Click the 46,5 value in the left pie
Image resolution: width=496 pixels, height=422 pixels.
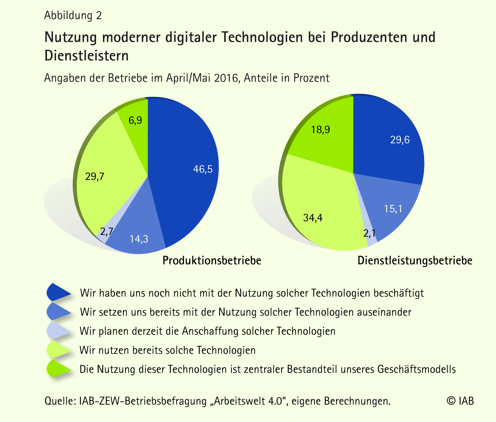[203, 169]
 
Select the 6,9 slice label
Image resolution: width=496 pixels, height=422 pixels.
[135, 120]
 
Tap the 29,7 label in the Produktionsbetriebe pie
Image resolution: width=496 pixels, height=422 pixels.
[94, 177]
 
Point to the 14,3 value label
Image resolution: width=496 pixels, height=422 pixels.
[139, 239]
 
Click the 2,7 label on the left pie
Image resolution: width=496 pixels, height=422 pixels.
[106, 232]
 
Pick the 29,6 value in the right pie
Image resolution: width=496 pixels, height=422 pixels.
[400, 140]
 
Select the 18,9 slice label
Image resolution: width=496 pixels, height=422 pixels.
[320, 130]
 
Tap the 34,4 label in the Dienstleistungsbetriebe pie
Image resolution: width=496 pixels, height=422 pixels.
[313, 218]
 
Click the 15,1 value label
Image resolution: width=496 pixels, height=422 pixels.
[393, 209]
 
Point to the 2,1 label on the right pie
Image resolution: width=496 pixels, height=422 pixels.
[369, 234]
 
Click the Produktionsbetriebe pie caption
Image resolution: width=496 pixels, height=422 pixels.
[212, 261]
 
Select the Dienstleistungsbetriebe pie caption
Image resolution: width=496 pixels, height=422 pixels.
[415, 261]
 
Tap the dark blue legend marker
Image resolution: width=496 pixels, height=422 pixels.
[58, 292]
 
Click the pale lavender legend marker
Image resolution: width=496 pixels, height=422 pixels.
[58, 330]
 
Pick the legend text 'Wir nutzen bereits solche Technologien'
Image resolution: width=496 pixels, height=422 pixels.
[168, 350]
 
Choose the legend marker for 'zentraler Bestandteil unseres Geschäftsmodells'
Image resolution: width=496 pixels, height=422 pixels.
[58, 369]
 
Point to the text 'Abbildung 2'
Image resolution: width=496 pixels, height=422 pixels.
[73, 16]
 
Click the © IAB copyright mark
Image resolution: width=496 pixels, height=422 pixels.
[460, 401]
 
